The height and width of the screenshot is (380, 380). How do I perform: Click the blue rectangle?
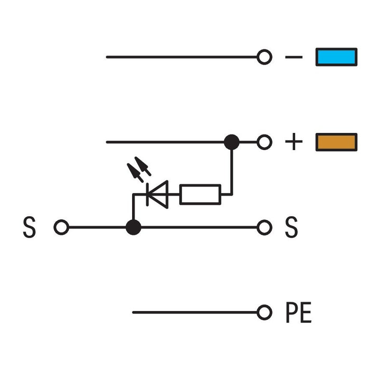coord(336,57)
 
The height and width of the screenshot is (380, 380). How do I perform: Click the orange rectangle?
coord(336,142)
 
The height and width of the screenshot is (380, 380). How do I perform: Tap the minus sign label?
coord(294,57)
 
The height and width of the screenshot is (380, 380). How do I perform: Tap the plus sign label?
coord(294,142)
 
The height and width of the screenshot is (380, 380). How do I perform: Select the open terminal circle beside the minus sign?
coord(264,57)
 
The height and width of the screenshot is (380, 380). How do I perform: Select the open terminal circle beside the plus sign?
coord(264,142)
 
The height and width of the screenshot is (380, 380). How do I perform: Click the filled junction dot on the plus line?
coord(232,142)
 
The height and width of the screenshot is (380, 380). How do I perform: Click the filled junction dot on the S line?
coord(133,228)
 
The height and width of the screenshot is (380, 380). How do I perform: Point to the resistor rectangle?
coord(200,194)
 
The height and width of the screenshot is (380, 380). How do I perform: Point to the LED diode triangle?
coord(158,194)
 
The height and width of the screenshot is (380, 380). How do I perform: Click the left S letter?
coord(29,227)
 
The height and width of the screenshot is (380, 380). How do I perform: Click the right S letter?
coord(291,227)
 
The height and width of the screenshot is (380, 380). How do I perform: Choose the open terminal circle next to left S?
coord(61,228)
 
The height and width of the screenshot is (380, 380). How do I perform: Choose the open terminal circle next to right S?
coord(264,228)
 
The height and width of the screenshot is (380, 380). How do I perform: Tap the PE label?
coord(299,313)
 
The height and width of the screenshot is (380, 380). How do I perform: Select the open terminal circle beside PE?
coord(264,313)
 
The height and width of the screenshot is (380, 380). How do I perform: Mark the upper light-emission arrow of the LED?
coord(143,166)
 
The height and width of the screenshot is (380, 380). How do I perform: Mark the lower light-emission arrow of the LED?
coord(135,173)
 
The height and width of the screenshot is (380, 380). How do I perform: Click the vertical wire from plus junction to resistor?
coord(232,170)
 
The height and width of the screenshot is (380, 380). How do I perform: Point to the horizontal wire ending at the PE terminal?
coord(195,313)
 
